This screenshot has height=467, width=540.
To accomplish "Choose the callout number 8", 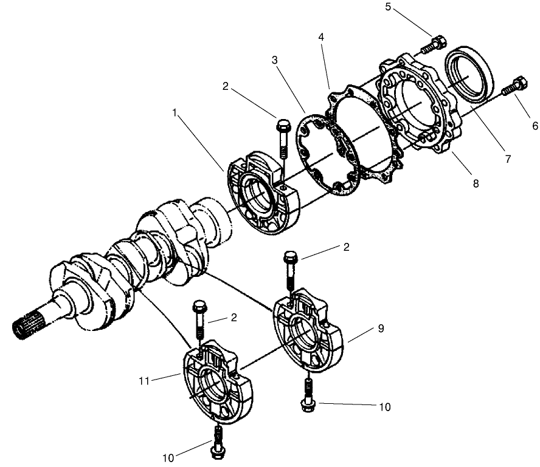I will pyautogui.click(x=475, y=182).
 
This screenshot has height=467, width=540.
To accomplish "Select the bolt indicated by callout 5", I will pyautogui.click(x=434, y=44).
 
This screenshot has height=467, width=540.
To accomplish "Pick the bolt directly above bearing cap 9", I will pyautogui.click(x=290, y=272).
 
